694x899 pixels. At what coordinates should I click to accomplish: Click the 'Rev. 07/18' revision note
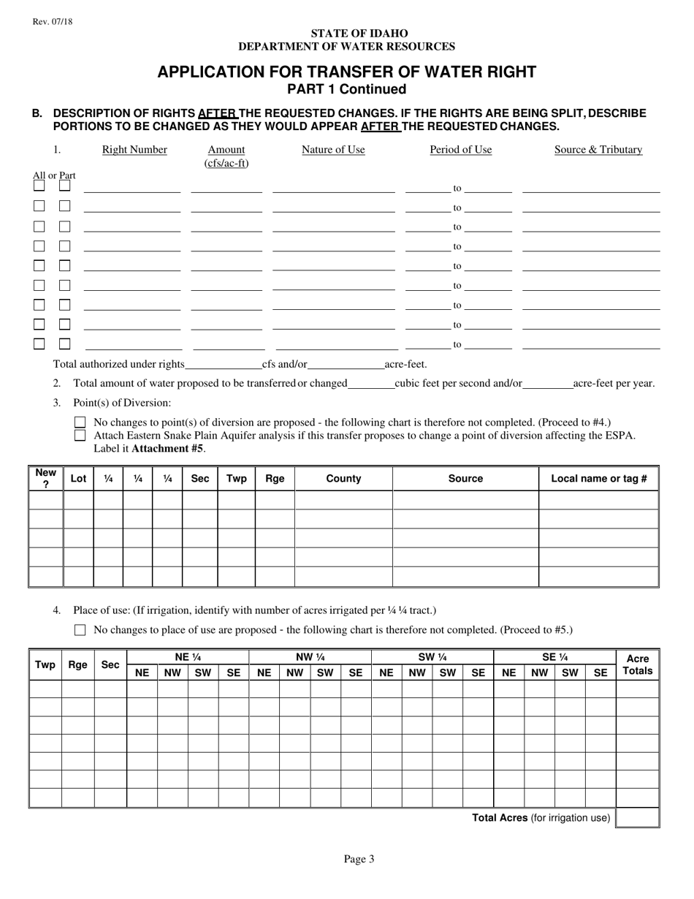[x=52, y=22]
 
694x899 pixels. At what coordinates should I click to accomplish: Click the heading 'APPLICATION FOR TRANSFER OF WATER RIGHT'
[x=346, y=72]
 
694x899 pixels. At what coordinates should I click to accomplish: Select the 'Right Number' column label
[x=134, y=150]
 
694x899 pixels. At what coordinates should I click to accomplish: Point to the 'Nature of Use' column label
[x=333, y=150]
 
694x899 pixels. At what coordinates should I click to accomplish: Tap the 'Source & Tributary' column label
[x=598, y=150]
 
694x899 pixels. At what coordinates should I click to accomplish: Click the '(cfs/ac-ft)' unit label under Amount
[x=226, y=163]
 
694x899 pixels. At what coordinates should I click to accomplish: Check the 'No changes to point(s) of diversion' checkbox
[x=80, y=422]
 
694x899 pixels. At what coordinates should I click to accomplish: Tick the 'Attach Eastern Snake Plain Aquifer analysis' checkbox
[x=80, y=436]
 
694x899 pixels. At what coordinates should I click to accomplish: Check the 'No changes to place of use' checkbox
[x=80, y=630]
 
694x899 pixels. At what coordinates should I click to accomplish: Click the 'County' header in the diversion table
[x=343, y=479]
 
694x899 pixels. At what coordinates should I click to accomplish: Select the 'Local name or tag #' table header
[x=599, y=479]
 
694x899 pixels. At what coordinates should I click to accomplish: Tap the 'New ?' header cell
[x=46, y=479]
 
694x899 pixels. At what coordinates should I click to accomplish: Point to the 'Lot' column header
[x=78, y=479]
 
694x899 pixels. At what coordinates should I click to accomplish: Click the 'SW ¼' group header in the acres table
[x=432, y=657]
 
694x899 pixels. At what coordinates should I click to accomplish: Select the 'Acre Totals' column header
[x=637, y=664]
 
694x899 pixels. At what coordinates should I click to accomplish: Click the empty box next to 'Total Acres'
[x=637, y=818]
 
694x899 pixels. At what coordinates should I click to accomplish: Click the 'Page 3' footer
[x=359, y=860]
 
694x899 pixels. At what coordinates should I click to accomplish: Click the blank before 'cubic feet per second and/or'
[x=370, y=384]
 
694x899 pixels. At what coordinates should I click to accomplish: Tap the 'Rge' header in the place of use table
[x=77, y=664]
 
